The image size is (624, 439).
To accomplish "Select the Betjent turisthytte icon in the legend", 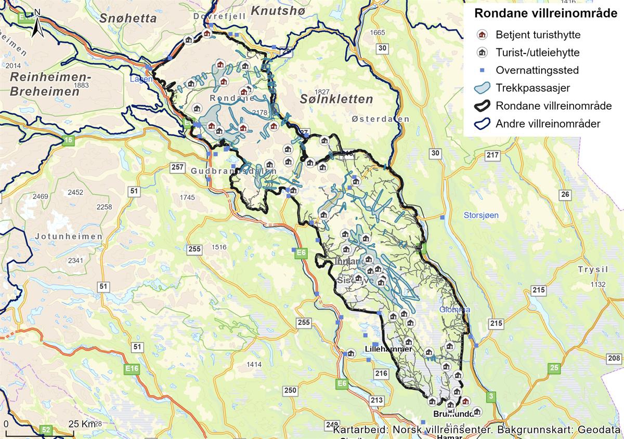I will (482, 35).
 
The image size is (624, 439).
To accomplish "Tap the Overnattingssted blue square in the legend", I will (482, 70).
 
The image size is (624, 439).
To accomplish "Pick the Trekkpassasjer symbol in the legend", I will (482, 88).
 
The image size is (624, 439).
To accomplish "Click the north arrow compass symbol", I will (37, 23).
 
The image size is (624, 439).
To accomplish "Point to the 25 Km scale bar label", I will (82, 424).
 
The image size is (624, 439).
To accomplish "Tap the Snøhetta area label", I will (128, 19).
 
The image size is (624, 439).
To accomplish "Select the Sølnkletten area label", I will (336, 99).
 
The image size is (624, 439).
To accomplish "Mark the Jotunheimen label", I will (69, 236).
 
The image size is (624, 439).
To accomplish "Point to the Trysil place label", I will (593, 270).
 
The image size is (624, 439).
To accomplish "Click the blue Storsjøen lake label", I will (481, 215).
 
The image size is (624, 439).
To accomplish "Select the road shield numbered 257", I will (178, 167).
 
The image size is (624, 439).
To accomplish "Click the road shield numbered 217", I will (491, 155).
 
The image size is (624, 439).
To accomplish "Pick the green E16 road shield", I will (133, 368).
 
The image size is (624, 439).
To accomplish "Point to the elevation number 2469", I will (40, 196).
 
